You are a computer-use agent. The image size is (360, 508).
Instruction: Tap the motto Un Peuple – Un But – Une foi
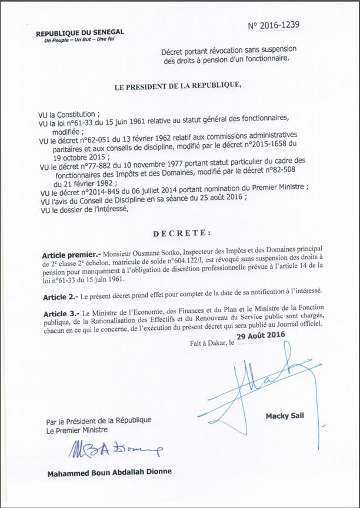tap(74, 41)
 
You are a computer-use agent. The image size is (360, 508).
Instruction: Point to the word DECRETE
tap(180, 233)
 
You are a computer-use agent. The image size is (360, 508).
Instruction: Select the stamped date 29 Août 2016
tap(261, 335)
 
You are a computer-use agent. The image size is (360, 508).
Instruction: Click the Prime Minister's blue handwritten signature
tap(115, 450)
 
